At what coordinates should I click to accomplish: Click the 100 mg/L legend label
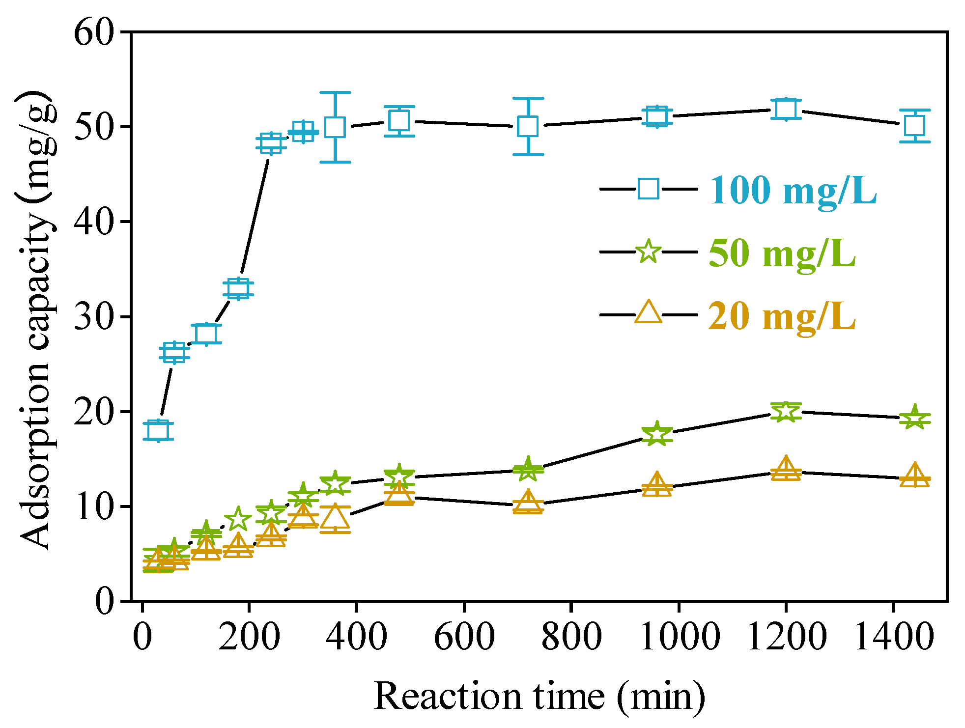pos(793,190)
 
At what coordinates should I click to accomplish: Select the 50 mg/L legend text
pos(782,253)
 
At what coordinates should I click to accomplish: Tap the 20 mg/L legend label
pos(782,316)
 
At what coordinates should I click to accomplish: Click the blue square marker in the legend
pos(648,189)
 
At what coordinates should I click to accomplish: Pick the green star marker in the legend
pos(648,252)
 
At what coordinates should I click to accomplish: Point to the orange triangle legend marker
pos(648,313)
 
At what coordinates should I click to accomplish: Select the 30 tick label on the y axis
pos(94,317)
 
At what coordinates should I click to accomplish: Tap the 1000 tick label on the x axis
pos(680,637)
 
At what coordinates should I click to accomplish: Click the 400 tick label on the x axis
pos(357,637)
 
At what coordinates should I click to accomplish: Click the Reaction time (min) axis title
pos(539,697)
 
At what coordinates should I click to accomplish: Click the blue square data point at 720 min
pos(528,127)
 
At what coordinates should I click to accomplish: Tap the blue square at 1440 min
pos(914,126)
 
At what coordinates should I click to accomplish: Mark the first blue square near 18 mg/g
pos(158,431)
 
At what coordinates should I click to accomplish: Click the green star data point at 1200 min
pos(786,411)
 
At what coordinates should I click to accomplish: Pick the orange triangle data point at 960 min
pos(657,485)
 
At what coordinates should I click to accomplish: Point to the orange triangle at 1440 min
pos(914,475)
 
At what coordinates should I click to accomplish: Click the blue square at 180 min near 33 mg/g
pos(238,289)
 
